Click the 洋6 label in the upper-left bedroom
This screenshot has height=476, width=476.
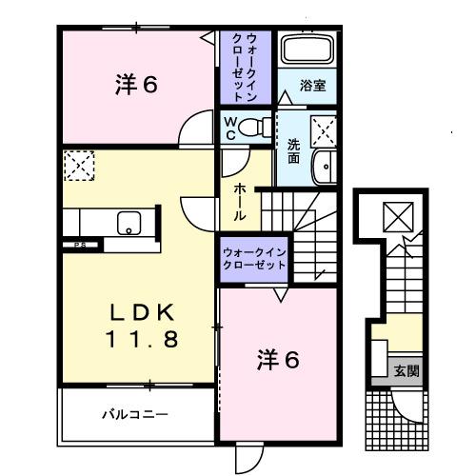137,85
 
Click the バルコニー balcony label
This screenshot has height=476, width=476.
135,414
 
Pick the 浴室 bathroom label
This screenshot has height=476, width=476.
313,85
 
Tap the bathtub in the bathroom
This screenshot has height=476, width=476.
306,51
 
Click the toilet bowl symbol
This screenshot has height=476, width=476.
254,128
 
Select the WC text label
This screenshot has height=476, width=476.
230,128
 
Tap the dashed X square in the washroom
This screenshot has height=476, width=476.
324,128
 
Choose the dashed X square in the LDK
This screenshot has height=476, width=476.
78,166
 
